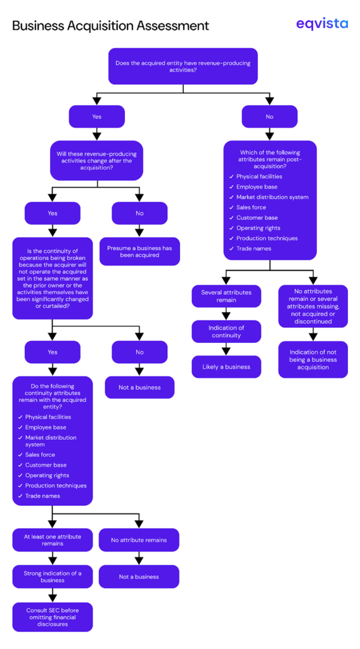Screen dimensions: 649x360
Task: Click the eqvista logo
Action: pyautogui.click(x=322, y=24)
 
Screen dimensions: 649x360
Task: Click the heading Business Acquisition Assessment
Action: pyautogui.click(x=110, y=26)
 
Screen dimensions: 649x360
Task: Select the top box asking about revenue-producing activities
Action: pyautogui.click(x=183, y=66)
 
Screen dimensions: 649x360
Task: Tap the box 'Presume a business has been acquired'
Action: pyautogui.click(x=139, y=252)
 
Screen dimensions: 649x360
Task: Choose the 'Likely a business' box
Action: pyautogui.click(x=226, y=367)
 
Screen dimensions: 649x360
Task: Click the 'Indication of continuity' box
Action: pyautogui.click(x=226, y=331)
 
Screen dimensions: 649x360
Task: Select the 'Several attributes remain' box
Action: pyautogui.click(x=226, y=296)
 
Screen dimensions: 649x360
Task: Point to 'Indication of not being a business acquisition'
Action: pyautogui.click(x=313, y=359)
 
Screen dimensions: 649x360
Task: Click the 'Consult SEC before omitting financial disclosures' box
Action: pyautogui.click(x=53, y=617)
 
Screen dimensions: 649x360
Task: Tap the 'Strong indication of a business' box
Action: pyautogui.click(x=53, y=576)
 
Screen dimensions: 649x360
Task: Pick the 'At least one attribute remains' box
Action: pyautogui.click(x=53, y=540)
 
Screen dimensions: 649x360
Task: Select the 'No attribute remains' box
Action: pyautogui.click(x=139, y=540)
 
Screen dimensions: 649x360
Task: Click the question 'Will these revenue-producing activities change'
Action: pyautogui.click(x=96, y=160)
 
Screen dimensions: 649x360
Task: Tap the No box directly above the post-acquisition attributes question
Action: pyautogui.click(x=269, y=117)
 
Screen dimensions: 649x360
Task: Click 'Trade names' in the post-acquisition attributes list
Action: pyautogui.click(x=254, y=248)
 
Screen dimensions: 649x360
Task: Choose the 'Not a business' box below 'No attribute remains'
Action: pyautogui.click(x=139, y=577)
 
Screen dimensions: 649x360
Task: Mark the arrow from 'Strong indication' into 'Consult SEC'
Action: pyautogui.click(x=53, y=595)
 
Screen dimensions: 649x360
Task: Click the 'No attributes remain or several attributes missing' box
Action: pyautogui.click(x=313, y=306)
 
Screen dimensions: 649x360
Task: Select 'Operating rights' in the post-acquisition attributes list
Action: pyautogui.click(x=258, y=228)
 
